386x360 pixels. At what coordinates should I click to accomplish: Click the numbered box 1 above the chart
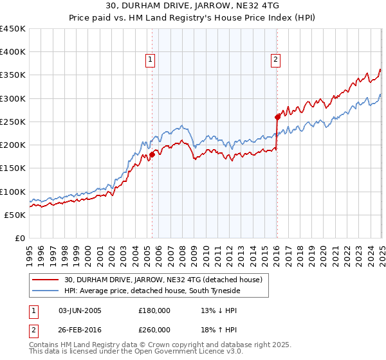pos(150,60)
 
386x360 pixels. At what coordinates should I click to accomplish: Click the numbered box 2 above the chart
pos(275,60)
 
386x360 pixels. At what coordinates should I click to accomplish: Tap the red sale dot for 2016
pos(277,117)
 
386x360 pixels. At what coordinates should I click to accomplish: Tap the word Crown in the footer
pos(157,345)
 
